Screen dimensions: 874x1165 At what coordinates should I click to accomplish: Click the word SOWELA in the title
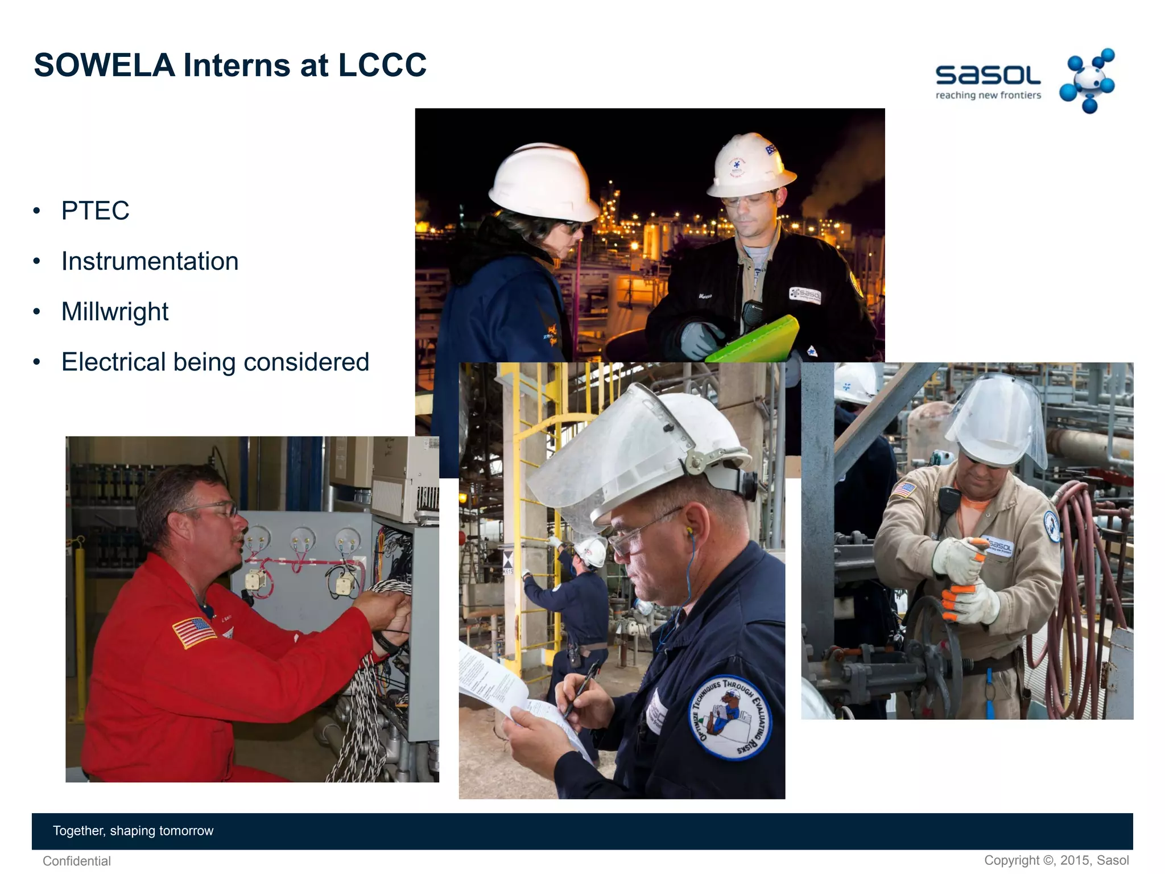click(x=104, y=65)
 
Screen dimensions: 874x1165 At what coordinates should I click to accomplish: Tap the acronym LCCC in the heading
click(x=382, y=65)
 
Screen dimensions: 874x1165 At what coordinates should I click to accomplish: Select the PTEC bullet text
click(x=95, y=211)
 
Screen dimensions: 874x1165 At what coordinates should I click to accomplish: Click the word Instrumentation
click(x=150, y=261)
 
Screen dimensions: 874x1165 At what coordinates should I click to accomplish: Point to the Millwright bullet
click(x=115, y=312)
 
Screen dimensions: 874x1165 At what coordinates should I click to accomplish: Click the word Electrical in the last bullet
click(x=113, y=362)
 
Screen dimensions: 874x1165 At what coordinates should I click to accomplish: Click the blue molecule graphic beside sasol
click(x=1088, y=80)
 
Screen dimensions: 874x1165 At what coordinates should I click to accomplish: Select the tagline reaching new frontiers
click(x=988, y=95)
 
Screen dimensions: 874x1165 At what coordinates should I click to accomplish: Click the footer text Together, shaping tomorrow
click(x=133, y=831)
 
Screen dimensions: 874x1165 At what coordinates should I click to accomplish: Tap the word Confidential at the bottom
click(x=77, y=861)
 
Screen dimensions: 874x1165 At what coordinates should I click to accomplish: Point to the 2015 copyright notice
click(x=1056, y=860)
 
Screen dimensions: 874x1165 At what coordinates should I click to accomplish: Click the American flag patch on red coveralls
click(x=193, y=632)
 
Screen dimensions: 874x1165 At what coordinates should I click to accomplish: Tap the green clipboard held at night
click(x=757, y=341)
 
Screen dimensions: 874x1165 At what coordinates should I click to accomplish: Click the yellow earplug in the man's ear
click(x=690, y=532)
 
